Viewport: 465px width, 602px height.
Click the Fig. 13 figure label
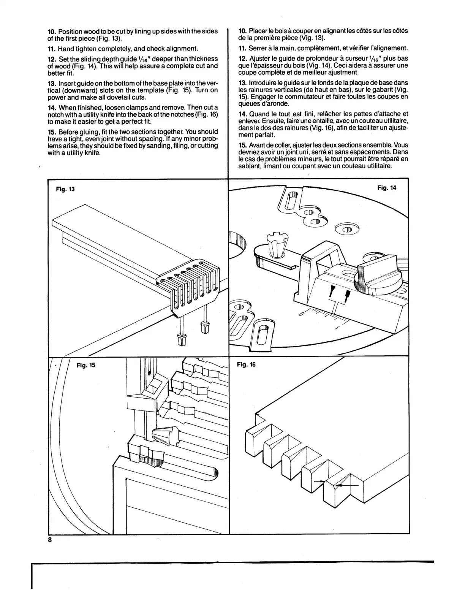[65, 189]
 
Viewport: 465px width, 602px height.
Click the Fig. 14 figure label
[386, 187]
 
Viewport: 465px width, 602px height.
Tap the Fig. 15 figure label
[85, 365]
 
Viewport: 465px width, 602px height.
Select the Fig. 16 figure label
[246, 364]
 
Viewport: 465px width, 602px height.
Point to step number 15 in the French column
[243, 145]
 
